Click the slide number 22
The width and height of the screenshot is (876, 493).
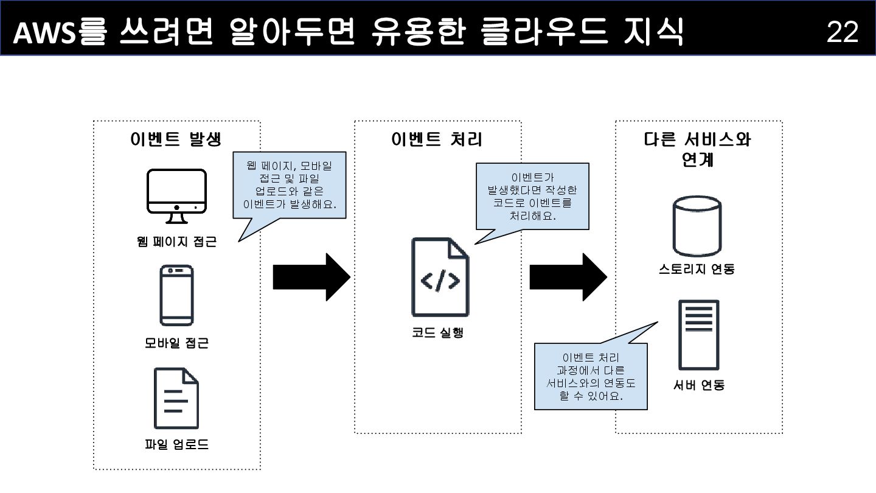coord(842,32)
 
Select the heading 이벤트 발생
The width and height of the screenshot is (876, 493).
coord(176,139)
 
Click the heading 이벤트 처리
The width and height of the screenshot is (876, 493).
coord(437,139)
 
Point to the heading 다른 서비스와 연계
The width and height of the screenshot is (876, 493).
coord(698,149)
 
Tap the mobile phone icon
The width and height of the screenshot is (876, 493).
coord(176,295)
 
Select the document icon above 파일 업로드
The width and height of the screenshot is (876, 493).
coord(176,398)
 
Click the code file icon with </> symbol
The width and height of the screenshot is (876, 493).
coord(440,278)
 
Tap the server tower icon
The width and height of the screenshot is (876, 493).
coord(698,335)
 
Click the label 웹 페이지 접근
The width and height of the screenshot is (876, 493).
coord(176,242)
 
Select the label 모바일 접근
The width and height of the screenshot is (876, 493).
coord(176,343)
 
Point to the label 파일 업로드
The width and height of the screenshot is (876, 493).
coord(176,445)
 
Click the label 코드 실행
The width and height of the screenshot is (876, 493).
coord(437,333)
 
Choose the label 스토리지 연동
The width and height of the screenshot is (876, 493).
coord(697,268)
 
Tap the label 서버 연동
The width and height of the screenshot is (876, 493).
coord(699,385)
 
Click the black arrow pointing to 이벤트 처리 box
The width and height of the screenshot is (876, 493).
coord(311,278)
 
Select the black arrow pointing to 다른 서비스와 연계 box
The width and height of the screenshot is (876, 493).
coord(568,278)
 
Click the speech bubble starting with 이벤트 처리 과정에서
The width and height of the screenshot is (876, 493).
coord(590,376)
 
